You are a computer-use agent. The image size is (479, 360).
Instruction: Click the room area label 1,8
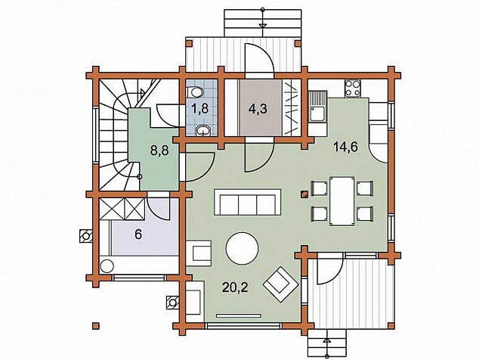click(200, 109)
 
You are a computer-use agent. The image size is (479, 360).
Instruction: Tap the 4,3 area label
click(258, 109)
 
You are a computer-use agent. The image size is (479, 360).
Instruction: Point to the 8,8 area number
click(159, 151)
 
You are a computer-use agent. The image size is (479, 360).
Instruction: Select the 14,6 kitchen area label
click(345, 147)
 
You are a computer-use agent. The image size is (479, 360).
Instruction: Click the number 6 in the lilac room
click(138, 235)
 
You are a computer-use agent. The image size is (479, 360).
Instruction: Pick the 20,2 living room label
click(235, 287)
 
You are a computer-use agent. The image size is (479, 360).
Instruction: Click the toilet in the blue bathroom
click(194, 91)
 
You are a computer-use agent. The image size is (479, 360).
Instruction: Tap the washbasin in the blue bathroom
click(202, 131)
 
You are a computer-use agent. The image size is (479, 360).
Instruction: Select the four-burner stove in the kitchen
click(352, 88)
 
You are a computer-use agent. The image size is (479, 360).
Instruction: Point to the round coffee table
click(242, 248)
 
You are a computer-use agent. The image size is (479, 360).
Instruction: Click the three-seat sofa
click(248, 202)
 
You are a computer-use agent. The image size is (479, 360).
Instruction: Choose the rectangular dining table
click(342, 201)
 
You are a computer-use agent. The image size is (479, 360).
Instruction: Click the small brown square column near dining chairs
click(304, 194)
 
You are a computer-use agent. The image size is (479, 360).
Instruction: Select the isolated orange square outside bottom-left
click(96, 325)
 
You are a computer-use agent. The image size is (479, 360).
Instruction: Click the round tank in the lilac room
click(107, 265)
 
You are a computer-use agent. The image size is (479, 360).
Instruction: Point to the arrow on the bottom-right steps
click(326, 340)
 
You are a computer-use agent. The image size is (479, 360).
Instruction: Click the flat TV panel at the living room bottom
click(239, 315)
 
